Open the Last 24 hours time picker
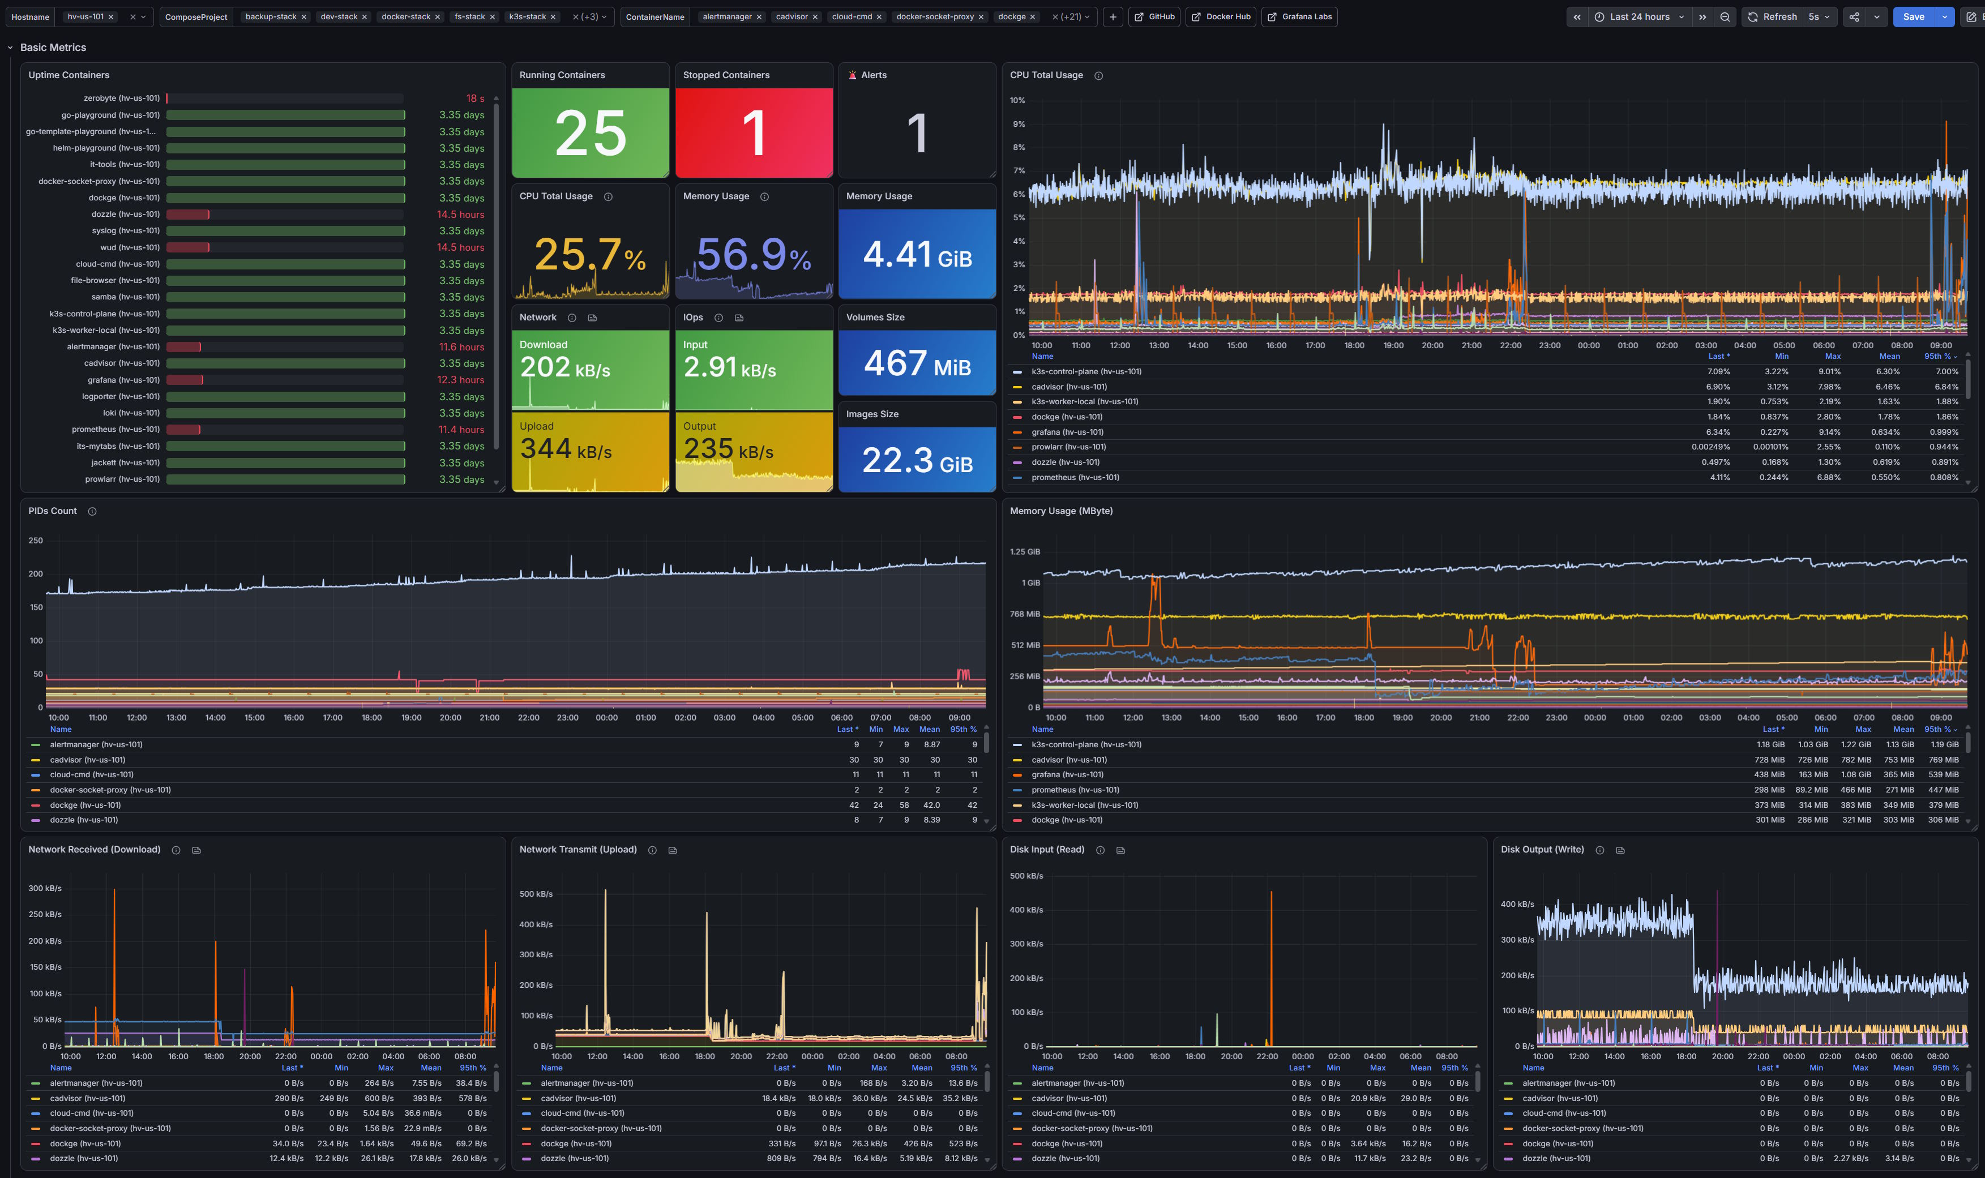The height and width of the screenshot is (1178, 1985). coord(1640,16)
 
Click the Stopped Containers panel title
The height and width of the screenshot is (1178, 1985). coord(726,75)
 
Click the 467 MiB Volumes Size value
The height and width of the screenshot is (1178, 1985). coord(918,363)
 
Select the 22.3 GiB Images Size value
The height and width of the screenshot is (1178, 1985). coord(918,460)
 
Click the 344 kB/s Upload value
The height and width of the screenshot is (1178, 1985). coord(566,449)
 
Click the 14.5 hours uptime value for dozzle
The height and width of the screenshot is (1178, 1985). coord(460,215)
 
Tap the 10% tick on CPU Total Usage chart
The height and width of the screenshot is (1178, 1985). coord(1017,101)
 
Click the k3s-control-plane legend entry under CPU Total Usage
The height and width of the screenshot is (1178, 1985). coord(1086,371)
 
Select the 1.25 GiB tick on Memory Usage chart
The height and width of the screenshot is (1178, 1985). coord(1025,552)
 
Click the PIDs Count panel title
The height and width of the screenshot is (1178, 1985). coord(53,511)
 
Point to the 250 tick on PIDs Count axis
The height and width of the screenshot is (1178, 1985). coord(36,541)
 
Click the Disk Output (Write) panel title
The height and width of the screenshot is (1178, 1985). coord(1542,849)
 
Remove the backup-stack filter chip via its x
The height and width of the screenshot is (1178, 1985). coord(303,16)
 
